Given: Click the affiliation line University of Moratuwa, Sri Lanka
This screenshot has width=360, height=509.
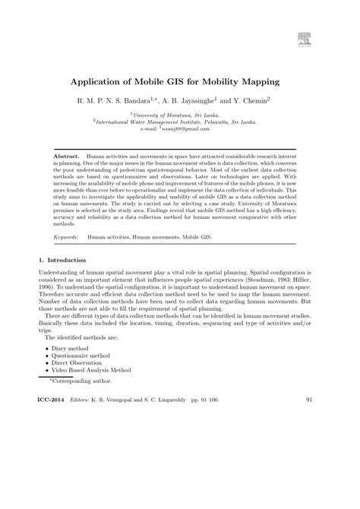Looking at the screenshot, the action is click(x=181, y=112).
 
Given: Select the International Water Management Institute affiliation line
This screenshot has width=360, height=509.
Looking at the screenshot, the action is click(x=181, y=120).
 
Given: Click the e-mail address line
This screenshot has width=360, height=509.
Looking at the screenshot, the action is click(x=181, y=127).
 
